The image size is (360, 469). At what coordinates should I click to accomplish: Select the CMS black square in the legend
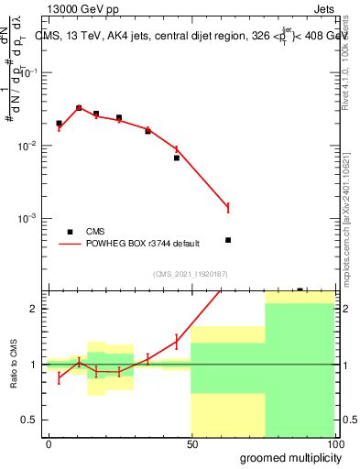click(x=71, y=232)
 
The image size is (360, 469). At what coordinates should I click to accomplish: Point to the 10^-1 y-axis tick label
click(x=32, y=73)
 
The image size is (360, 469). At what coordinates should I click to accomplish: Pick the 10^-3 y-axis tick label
click(x=32, y=218)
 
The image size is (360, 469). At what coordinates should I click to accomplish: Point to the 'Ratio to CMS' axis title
click(x=15, y=364)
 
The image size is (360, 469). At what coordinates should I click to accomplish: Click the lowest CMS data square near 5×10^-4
click(x=228, y=240)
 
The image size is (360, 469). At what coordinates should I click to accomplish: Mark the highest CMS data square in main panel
click(x=79, y=107)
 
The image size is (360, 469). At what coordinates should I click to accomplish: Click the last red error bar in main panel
click(x=228, y=208)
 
